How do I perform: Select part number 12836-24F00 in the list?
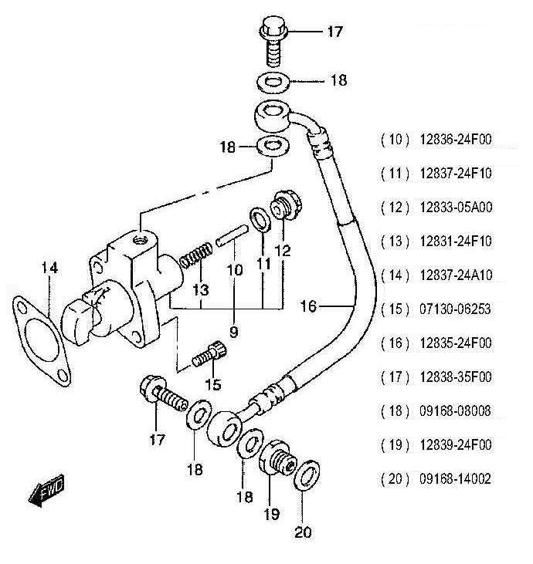[456, 140]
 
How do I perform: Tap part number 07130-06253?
[456, 309]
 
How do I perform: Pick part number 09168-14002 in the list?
[456, 479]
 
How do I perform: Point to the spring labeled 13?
[195, 254]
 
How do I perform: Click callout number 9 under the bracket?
[233, 333]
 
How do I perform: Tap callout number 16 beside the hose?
[308, 306]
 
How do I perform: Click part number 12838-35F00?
[456, 377]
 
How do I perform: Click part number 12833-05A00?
[456, 208]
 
